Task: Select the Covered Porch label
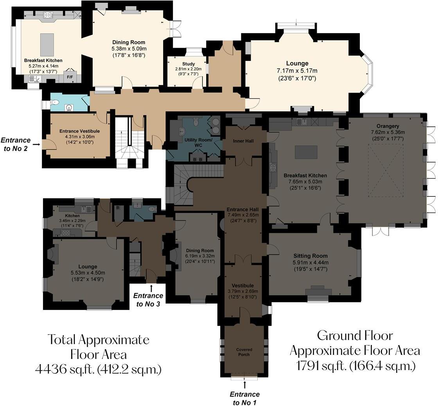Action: coord(244,352)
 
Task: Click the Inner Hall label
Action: coord(244,141)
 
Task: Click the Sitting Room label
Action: coord(311,256)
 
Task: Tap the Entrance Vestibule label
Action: coord(79,131)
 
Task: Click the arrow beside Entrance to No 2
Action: coord(36,144)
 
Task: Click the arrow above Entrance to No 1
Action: coord(245,385)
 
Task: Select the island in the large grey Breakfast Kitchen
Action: coord(306,152)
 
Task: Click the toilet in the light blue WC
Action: coord(55,103)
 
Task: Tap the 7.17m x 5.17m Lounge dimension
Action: coord(297,71)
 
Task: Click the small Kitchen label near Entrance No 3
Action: coord(72,215)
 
